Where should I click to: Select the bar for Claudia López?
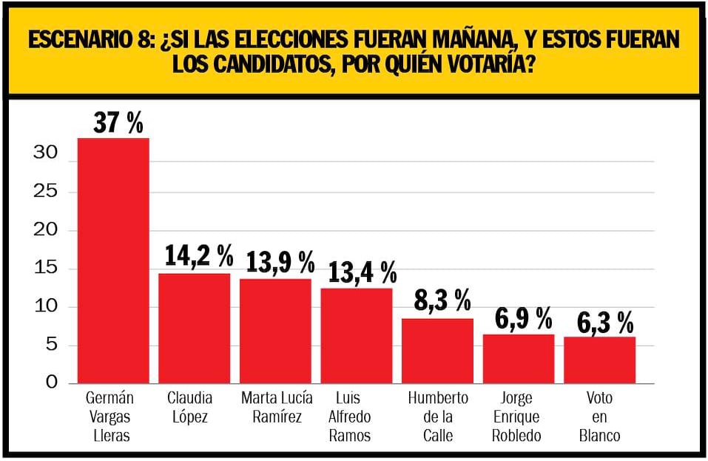(194, 329)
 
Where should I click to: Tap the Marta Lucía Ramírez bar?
(275, 331)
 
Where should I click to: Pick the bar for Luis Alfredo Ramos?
(356, 335)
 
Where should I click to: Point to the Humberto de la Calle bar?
(437, 351)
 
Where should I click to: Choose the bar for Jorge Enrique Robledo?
(518, 359)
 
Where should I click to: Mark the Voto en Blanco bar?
(599, 360)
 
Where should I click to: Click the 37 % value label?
(118, 123)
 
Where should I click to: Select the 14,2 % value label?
(199, 256)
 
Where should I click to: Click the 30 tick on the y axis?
(46, 154)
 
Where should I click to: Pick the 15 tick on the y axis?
(46, 269)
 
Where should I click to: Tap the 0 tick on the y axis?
(51, 383)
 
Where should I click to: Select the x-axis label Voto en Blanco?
(599, 417)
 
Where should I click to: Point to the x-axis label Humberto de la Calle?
(438, 417)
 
